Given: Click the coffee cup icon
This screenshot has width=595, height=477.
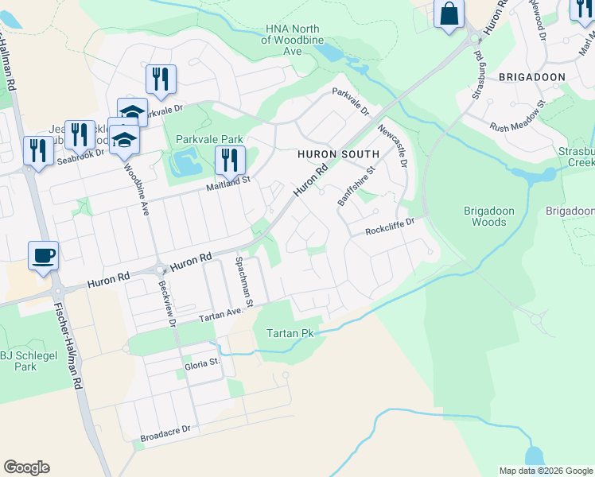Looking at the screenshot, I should (43, 256).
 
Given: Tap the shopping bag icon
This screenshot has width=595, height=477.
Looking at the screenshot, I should (449, 14).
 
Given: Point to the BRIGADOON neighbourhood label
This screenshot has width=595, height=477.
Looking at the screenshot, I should (531, 77).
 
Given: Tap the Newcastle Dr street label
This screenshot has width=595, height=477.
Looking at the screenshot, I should (393, 145).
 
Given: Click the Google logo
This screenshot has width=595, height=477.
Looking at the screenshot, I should (26, 467).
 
